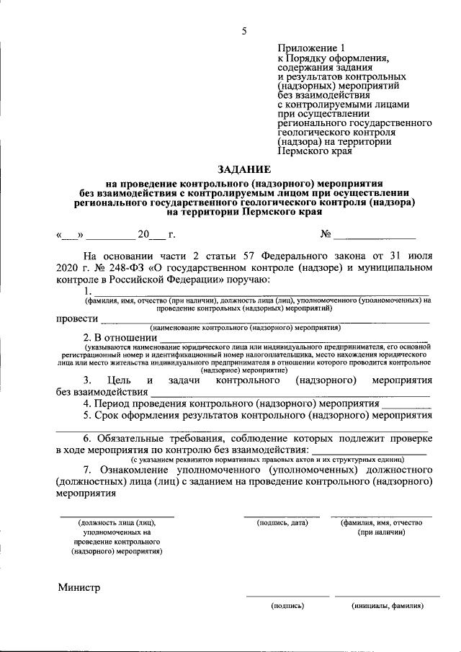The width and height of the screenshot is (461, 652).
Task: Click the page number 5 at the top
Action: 243,30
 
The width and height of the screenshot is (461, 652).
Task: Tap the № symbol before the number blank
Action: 326,235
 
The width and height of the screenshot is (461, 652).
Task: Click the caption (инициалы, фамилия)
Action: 388,606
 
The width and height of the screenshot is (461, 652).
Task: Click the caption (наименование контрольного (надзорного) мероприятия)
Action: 245,326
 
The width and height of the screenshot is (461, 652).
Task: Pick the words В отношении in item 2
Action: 125,336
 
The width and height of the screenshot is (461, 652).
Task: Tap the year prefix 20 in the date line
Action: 145,235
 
